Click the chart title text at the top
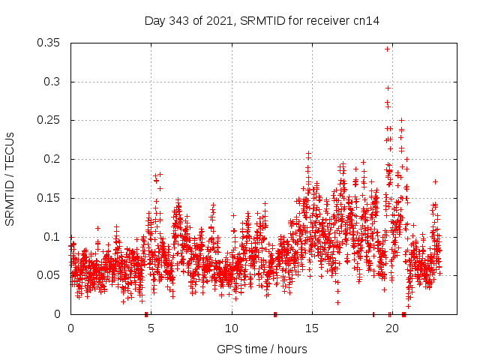262,21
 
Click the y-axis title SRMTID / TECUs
10,178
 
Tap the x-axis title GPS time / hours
262,349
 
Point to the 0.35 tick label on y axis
50,43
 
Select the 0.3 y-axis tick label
53,82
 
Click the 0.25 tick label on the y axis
50,120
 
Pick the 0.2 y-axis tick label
53,159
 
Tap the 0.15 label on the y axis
50,198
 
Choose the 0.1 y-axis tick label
53,237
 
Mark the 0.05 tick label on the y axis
50,275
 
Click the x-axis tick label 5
151,328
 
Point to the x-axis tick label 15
311,328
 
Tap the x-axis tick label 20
391,328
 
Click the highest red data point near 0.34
387,49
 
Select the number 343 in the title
180,21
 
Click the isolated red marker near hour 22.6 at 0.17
435,181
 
